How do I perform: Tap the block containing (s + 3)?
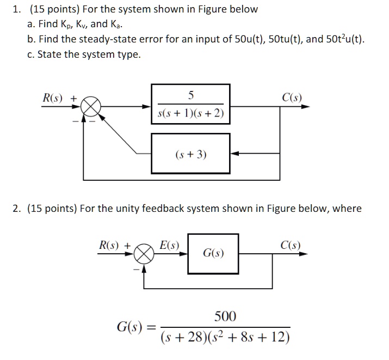190,155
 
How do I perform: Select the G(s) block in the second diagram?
213,253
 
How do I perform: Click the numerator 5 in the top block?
190,96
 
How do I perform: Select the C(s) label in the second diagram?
291,245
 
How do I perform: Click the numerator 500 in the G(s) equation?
225,316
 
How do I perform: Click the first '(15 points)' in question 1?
51,9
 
